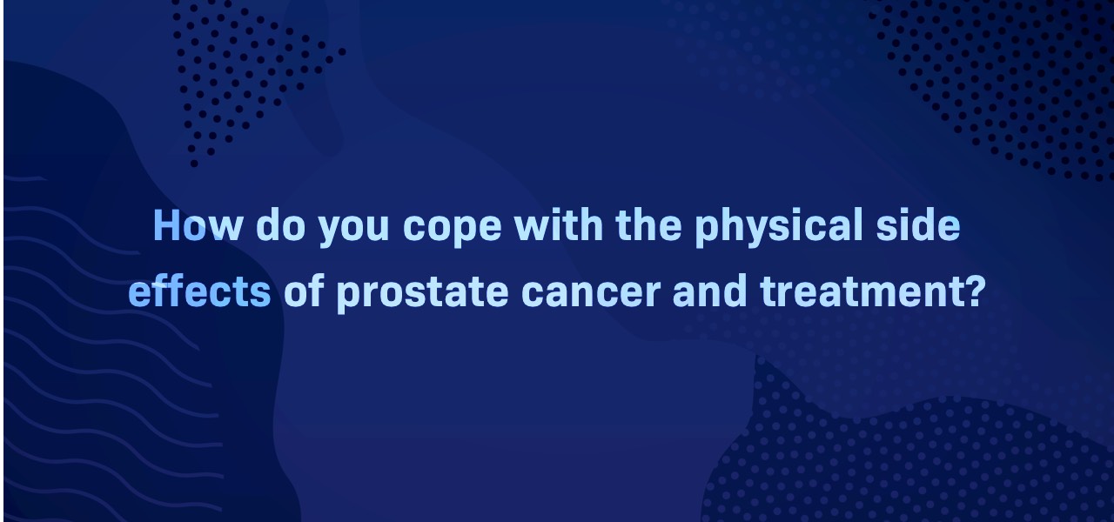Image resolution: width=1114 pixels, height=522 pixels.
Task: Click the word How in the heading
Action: pos(198,225)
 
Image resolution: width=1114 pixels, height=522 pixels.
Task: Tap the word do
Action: pos(280,225)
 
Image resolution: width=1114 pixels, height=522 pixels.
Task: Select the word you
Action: pos(353,230)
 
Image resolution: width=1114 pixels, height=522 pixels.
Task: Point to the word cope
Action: pos(452,230)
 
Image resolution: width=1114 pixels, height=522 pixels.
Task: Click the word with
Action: pos(559,225)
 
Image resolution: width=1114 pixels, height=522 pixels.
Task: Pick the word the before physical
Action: pos(648,225)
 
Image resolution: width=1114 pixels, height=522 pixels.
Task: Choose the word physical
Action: pos(779,228)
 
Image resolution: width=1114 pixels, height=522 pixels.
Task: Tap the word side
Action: pos(918,225)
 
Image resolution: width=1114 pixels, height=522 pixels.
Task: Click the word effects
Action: pos(199,291)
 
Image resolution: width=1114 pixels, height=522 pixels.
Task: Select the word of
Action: pos(304,291)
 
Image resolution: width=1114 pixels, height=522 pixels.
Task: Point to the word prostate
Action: pos(423,294)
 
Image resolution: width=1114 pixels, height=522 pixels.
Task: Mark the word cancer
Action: pos(591,294)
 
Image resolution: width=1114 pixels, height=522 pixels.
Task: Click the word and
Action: pos(709,291)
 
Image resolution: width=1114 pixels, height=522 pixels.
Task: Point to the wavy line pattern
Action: pos(110,348)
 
